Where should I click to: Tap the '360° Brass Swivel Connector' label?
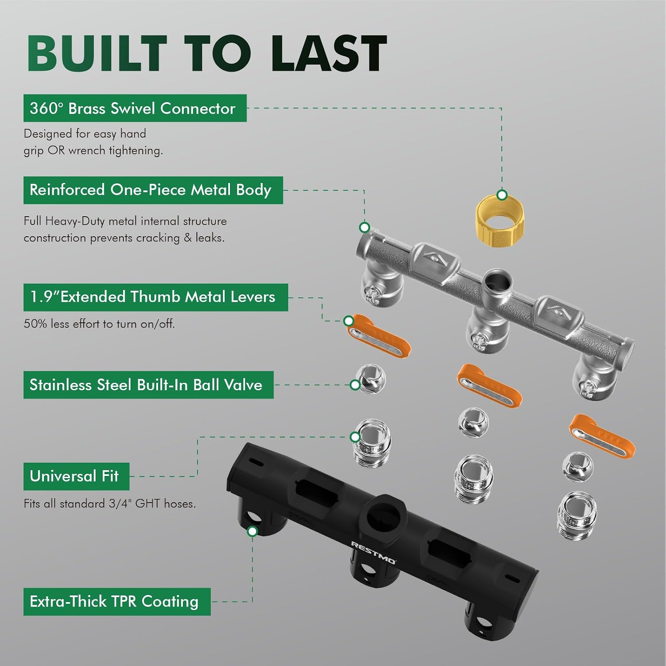pyautogui.click(x=135, y=108)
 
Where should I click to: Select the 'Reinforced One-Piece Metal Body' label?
pyautogui.click(x=153, y=190)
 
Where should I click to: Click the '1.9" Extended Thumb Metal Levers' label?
pyautogui.click(x=156, y=297)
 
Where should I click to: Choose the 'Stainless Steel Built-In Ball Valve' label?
pyautogui.click(x=148, y=385)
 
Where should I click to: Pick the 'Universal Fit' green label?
pyautogui.click(x=76, y=476)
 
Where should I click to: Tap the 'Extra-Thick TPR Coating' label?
pyautogui.click(x=117, y=602)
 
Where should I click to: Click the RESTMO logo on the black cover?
pyautogui.click(x=373, y=552)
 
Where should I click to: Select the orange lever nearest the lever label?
pyautogui.click(x=378, y=337)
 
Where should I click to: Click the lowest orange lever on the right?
pyautogui.click(x=602, y=436)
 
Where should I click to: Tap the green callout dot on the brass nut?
pyautogui.click(x=502, y=195)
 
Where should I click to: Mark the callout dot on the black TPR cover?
pyautogui.click(x=252, y=531)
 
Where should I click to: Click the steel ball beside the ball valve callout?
pyautogui.click(x=372, y=379)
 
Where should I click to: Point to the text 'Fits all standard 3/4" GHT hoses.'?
pyautogui.click(x=110, y=504)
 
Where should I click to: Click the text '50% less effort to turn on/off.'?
pyautogui.click(x=99, y=324)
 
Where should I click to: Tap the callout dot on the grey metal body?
pyautogui.click(x=365, y=227)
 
